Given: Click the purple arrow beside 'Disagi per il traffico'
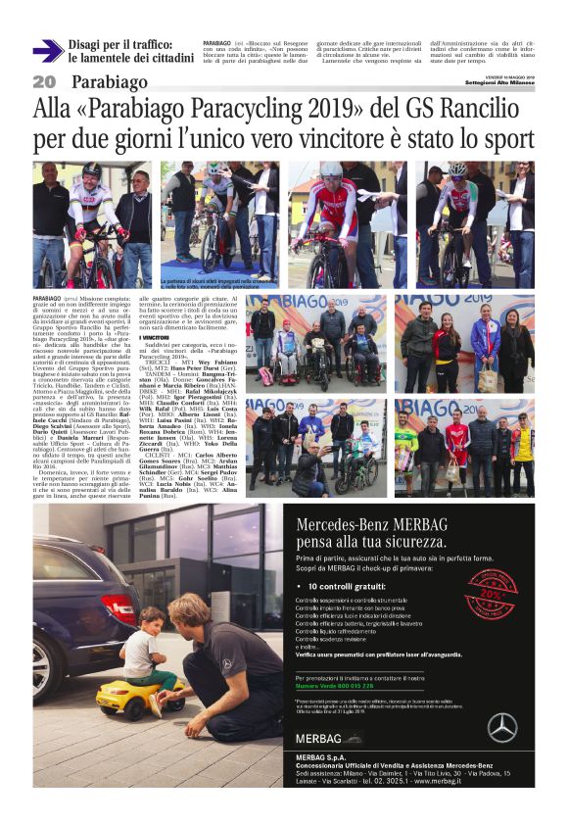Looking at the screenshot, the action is (x=47, y=51).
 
